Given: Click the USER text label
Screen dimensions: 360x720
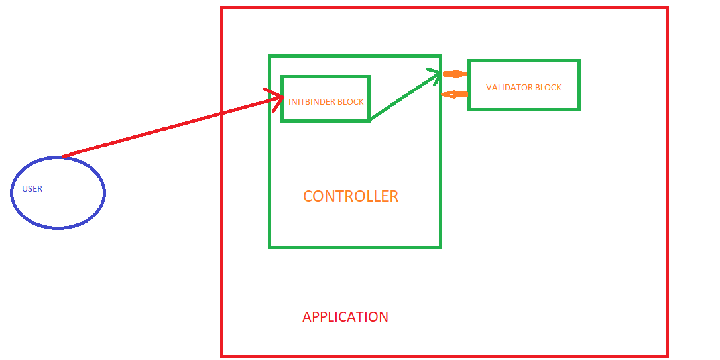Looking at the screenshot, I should point(32,189).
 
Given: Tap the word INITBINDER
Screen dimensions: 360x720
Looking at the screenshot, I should point(312,102).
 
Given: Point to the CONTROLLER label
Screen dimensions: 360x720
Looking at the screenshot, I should point(351,196).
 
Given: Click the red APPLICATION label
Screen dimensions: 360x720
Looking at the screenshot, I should point(345,317).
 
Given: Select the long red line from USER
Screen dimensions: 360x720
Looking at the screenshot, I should point(166,129).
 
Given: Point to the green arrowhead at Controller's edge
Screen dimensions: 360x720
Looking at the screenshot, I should point(435,74).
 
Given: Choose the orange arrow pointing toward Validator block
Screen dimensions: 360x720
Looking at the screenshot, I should point(455,74).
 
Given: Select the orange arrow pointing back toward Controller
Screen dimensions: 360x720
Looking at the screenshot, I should point(454,95).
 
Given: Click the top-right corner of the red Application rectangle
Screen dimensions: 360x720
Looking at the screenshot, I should point(666,9).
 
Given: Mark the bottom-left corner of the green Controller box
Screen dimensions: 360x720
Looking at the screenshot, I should point(270,247).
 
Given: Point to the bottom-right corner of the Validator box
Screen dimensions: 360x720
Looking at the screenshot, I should point(579,109).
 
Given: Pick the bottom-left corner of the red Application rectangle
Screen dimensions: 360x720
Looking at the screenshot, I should point(222,355).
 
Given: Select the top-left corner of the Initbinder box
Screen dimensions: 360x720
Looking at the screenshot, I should point(282,77).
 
